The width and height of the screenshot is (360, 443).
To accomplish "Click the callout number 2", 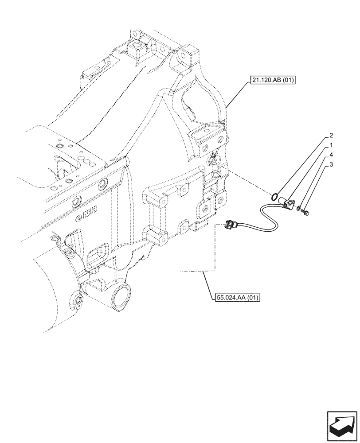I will (331, 135).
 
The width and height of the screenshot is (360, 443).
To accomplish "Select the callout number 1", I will (331, 145).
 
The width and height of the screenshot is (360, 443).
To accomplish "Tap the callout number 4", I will (331, 155).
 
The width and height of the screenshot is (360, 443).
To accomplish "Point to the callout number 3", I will (331, 166).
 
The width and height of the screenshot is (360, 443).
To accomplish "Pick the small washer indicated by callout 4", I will (299, 208).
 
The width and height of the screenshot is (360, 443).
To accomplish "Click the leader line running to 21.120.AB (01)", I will (237, 94).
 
